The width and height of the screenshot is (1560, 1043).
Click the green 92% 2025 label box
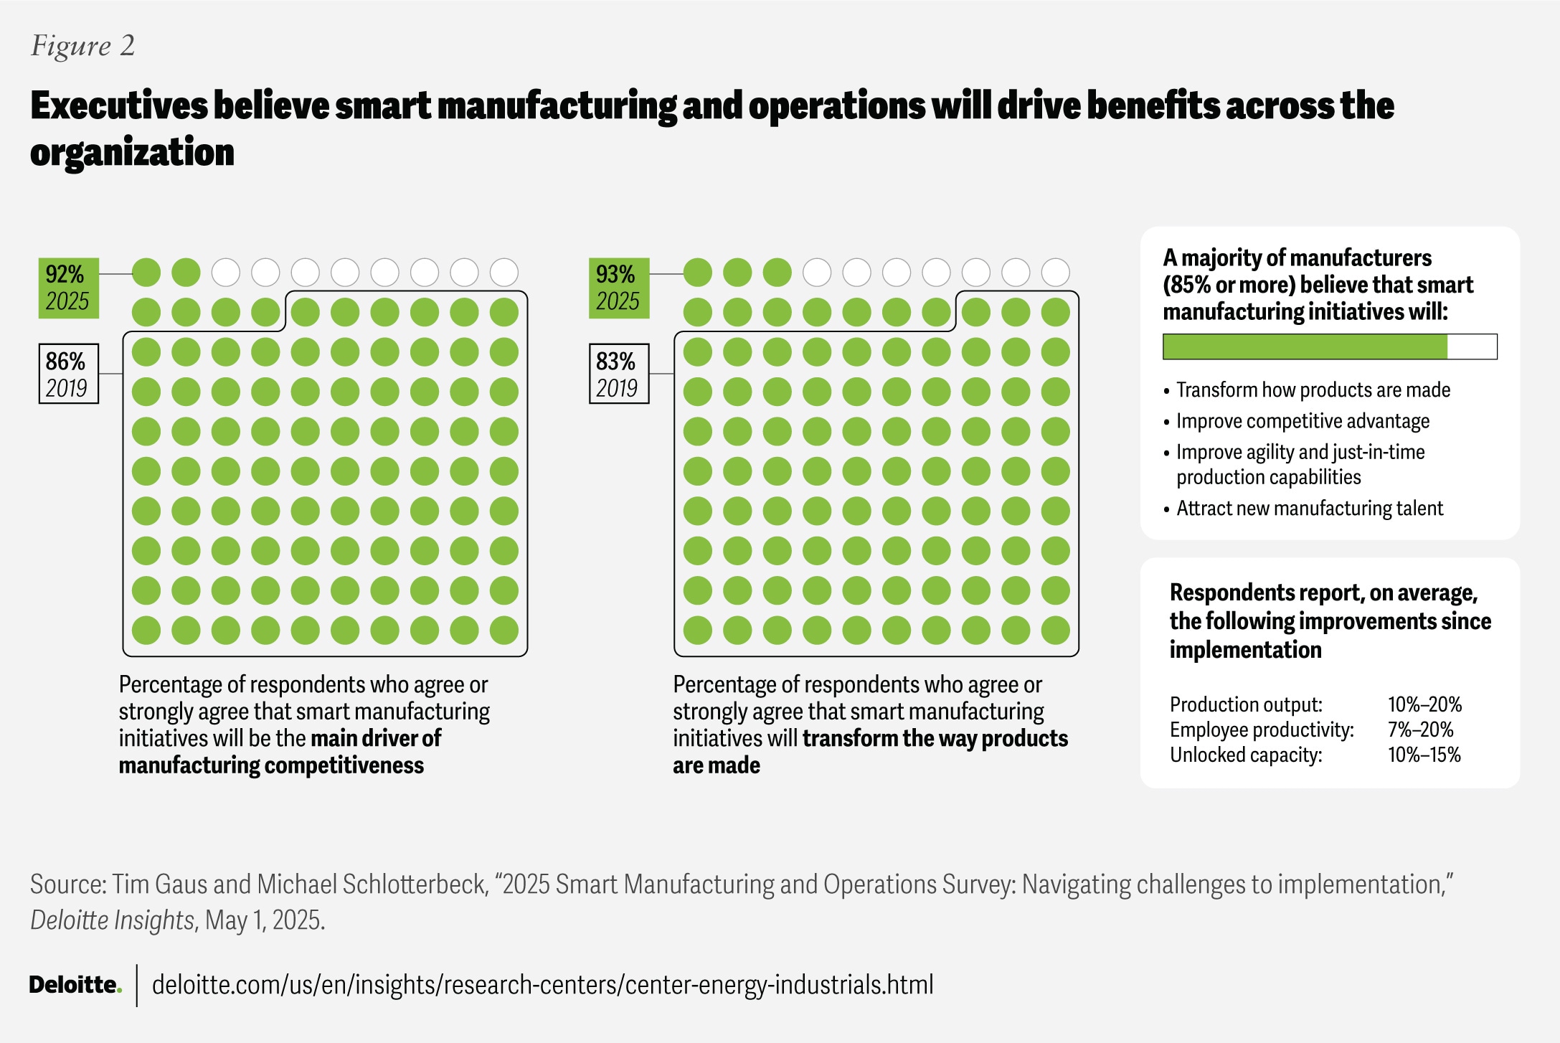point(68,288)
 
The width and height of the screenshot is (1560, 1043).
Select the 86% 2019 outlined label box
point(68,374)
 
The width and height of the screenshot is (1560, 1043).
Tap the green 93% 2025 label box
point(619,288)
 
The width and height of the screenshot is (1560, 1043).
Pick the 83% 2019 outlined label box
point(619,374)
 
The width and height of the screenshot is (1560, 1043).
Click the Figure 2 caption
point(82,46)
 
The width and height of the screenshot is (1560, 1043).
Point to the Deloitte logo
point(75,985)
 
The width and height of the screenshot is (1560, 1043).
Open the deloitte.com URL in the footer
point(542,985)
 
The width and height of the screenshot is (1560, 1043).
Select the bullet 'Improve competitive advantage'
point(1302,421)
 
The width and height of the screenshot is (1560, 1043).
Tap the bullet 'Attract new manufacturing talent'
point(1309,509)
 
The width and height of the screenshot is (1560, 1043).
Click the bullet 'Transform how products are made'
point(1313,390)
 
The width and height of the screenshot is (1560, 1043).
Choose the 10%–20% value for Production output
point(1424,704)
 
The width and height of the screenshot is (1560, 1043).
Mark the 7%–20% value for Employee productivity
point(1420,730)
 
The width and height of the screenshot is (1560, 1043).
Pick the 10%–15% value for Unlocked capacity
point(1424,755)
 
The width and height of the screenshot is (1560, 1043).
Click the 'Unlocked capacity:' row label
point(1246,755)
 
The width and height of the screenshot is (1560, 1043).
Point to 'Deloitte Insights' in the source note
point(112,920)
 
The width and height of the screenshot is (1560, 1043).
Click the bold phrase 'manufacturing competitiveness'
point(271,765)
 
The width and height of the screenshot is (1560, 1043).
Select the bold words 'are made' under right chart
point(716,765)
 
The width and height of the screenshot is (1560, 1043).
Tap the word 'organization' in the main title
point(132,153)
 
